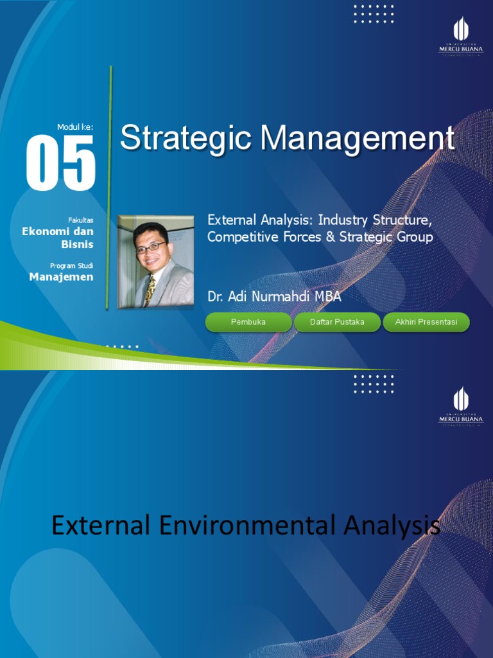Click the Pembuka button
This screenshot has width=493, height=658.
point(248,322)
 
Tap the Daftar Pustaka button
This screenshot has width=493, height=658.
point(337,322)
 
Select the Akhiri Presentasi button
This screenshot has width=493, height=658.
point(426,322)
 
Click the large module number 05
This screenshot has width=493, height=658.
point(60,163)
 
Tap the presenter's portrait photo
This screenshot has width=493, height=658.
point(156,262)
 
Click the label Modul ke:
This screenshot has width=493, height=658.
point(75,127)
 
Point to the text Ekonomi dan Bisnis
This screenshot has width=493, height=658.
point(58,237)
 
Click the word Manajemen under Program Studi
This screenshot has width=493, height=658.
point(62,277)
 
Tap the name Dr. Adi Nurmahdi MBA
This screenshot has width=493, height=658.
point(274,297)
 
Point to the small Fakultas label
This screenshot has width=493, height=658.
point(81,220)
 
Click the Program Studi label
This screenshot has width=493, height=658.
point(71,265)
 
